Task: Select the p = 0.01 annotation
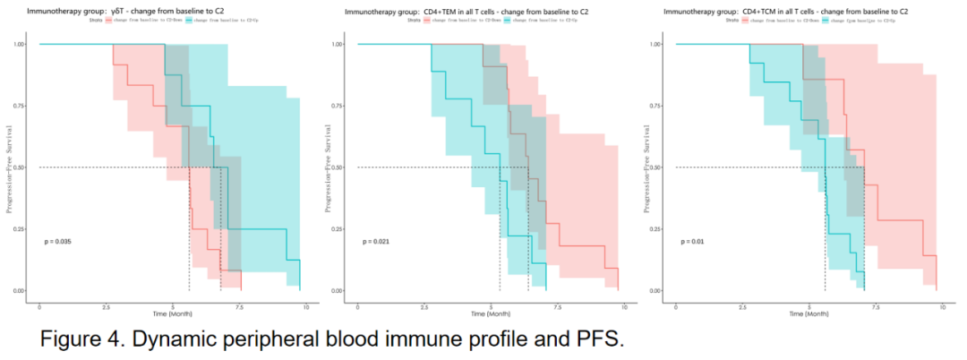691,241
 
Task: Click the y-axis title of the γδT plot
9,167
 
